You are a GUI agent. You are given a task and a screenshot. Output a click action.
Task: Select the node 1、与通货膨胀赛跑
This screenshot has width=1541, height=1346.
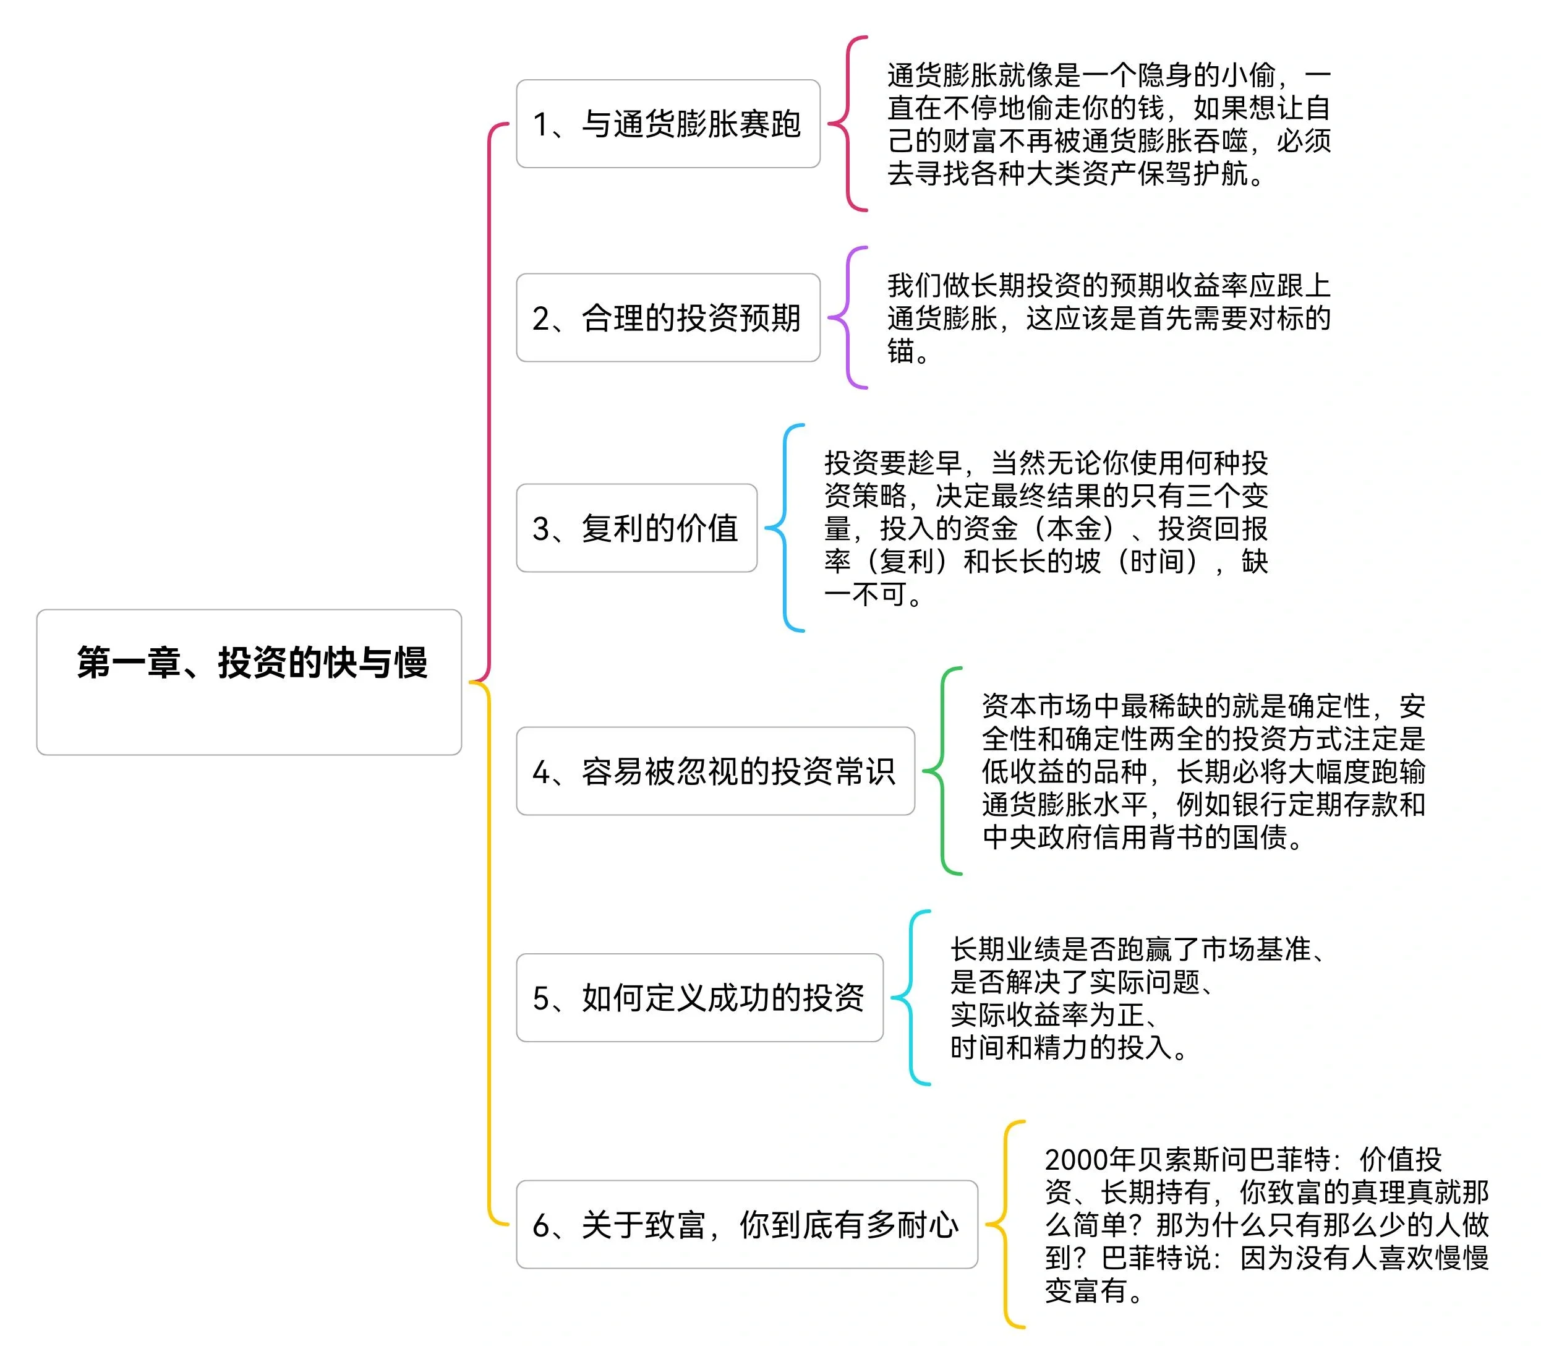tap(668, 124)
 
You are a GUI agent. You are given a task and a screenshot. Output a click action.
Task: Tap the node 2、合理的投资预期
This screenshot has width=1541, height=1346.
tap(668, 318)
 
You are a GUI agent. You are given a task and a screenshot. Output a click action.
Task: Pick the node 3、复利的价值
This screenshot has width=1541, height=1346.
tap(636, 528)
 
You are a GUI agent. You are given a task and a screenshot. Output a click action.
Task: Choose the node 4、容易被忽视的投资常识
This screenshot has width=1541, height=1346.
tap(715, 771)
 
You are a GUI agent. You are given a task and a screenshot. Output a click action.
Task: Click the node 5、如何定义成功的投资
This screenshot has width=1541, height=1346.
tap(699, 998)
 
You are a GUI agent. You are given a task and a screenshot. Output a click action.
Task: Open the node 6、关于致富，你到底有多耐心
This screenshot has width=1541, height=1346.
tap(746, 1224)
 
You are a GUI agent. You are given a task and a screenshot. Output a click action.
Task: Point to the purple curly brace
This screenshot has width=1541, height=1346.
tap(848, 318)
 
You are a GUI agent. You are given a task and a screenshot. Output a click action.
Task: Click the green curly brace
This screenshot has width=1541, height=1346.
tap(942, 771)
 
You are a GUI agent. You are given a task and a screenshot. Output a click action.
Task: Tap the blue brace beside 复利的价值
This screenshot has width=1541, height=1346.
tap(785, 528)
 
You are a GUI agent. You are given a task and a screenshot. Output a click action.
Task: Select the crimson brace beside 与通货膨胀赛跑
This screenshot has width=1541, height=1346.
tap(848, 124)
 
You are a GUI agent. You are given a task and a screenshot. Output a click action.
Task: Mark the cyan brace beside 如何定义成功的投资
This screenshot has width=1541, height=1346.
tap(911, 998)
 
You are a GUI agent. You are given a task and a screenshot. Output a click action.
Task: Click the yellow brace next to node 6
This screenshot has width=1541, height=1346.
tap(1005, 1224)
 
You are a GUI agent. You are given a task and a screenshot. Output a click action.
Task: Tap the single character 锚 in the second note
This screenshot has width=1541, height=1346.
tap(900, 351)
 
